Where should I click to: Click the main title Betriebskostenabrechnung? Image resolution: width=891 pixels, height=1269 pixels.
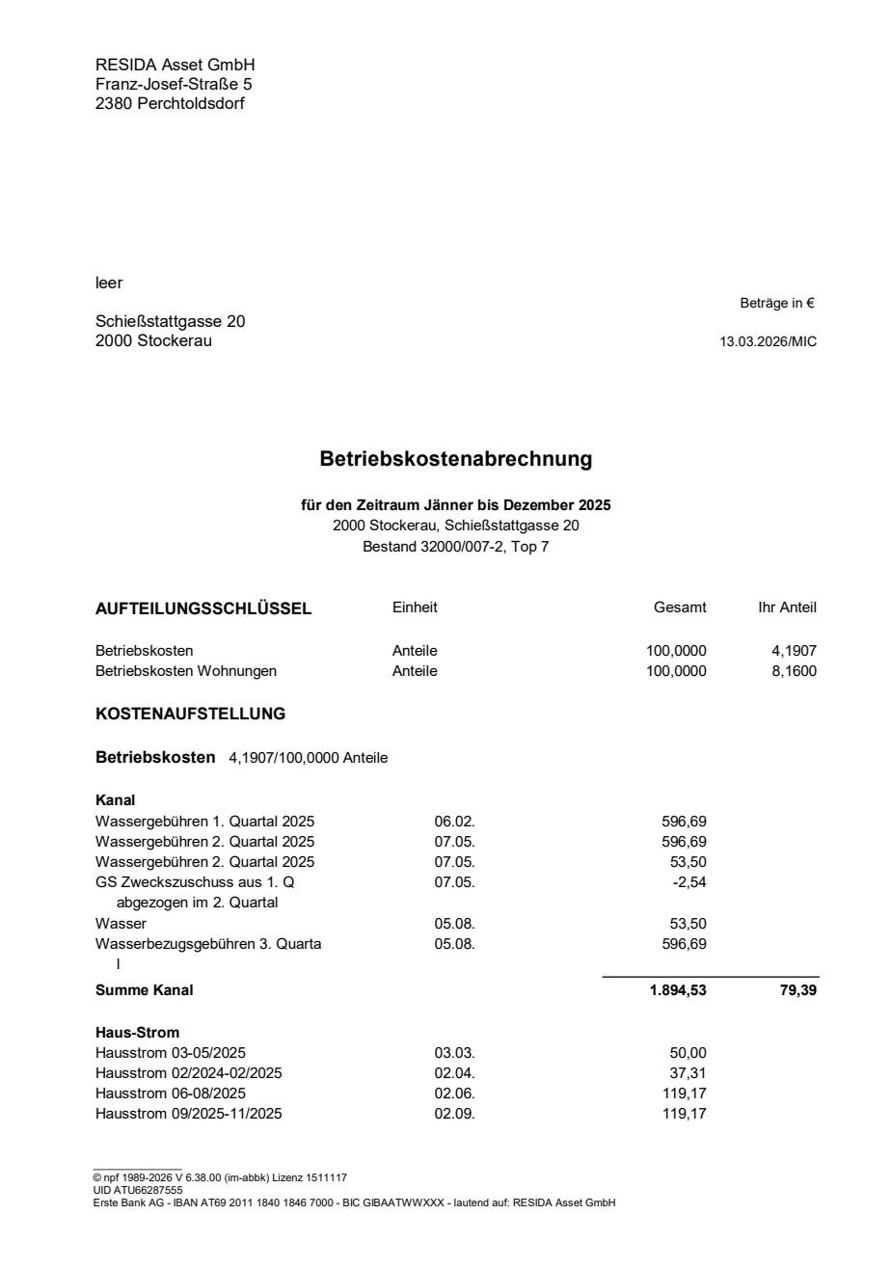(455, 460)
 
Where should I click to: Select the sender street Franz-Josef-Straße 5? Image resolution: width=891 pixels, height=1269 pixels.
(174, 84)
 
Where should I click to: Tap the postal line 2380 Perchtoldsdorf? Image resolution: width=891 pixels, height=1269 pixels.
(170, 103)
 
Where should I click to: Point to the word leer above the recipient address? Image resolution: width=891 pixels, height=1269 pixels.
(109, 283)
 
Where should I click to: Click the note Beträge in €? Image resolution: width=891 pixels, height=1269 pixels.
(777, 303)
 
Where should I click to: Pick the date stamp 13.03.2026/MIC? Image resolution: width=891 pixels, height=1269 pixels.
(768, 341)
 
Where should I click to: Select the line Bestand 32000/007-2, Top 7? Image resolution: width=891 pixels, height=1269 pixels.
(455, 547)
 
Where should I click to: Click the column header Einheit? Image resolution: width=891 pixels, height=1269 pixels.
(415, 607)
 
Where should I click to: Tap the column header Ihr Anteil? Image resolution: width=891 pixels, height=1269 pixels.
(787, 607)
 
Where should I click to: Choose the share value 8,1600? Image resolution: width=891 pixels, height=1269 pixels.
(795, 671)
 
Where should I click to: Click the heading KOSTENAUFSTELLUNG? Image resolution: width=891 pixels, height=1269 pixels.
(190, 715)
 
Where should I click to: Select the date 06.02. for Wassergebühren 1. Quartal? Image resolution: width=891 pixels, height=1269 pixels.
(454, 822)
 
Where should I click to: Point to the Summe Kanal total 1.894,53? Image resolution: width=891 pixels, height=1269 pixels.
(678, 990)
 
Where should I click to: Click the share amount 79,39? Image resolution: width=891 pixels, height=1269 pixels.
(798, 990)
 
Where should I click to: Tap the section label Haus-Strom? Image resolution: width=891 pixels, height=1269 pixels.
(137, 1033)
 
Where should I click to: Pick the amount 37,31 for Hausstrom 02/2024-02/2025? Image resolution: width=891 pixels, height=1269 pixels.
(688, 1072)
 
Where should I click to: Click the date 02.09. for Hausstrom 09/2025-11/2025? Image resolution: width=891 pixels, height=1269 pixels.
(454, 1114)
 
